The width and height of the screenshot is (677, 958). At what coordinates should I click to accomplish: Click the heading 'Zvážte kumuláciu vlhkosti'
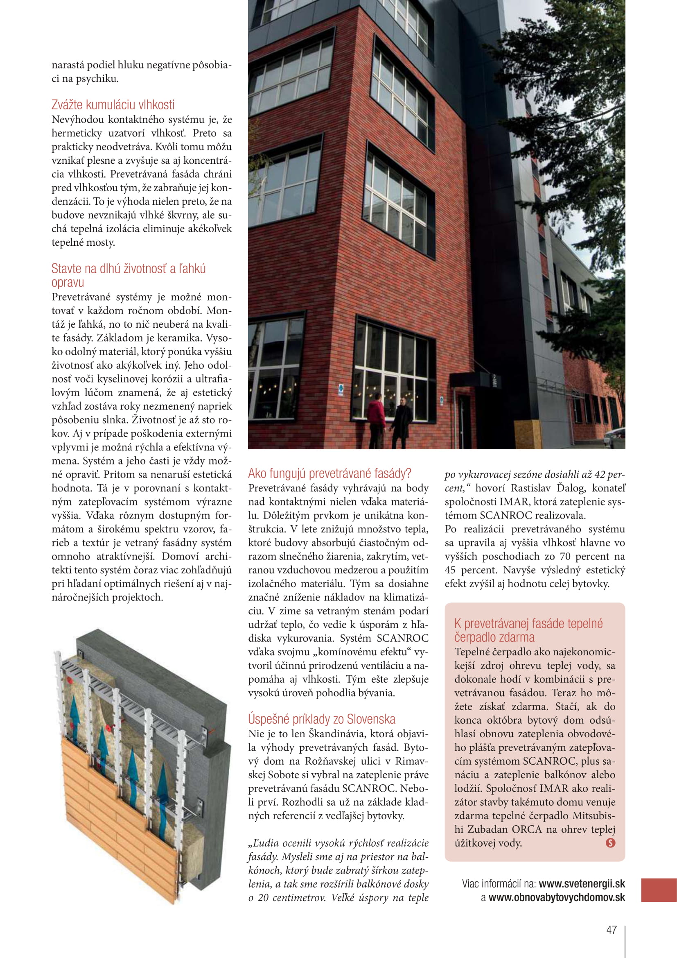point(113,104)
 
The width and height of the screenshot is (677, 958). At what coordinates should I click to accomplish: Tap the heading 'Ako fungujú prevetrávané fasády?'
point(329,473)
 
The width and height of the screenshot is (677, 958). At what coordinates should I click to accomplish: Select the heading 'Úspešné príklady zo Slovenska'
point(321,719)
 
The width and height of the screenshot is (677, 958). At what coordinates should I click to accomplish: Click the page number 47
point(611,930)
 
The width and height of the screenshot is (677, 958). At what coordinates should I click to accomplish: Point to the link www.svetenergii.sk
point(582,883)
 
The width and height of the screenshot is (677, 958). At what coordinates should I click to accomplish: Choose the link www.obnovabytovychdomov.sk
point(557,897)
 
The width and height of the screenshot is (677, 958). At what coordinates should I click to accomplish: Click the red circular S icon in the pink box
point(610,843)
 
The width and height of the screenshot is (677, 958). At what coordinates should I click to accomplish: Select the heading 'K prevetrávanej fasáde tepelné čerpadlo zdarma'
point(528,630)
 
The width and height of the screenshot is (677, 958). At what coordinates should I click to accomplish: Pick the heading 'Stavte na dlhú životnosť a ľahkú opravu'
point(129,275)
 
